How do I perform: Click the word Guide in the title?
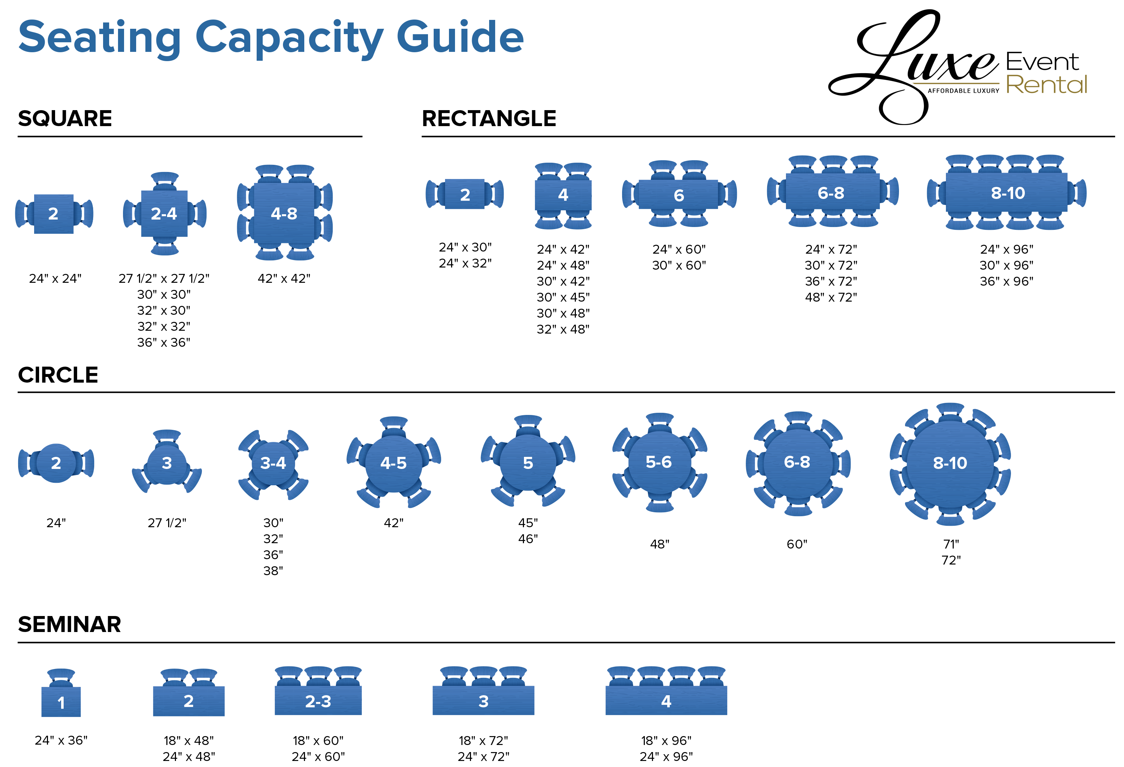point(460,38)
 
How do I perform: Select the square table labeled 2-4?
point(164,214)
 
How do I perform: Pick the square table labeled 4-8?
point(284,214)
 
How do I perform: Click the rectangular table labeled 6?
point(678,195)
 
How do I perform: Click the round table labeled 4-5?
point(393,463)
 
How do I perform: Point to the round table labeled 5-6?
point(659,462)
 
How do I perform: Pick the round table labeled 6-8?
point(798,463)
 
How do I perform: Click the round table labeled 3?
point(166,463)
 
